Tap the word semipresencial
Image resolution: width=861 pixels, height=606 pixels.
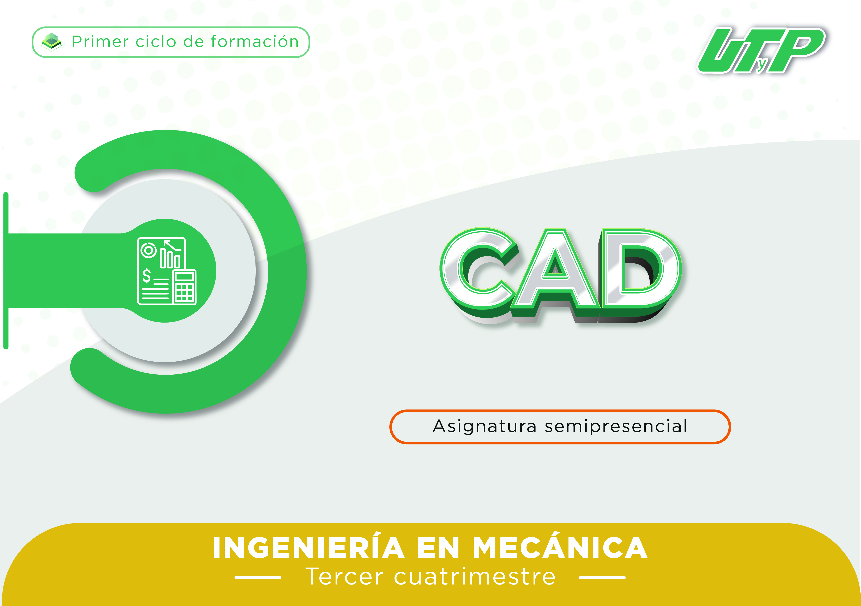click(616, 427)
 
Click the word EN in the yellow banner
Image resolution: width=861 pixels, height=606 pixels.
click(438, 548)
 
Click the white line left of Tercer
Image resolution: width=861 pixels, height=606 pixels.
click(258, 577)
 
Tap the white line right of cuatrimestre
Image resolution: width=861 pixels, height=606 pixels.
click(602, 577)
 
